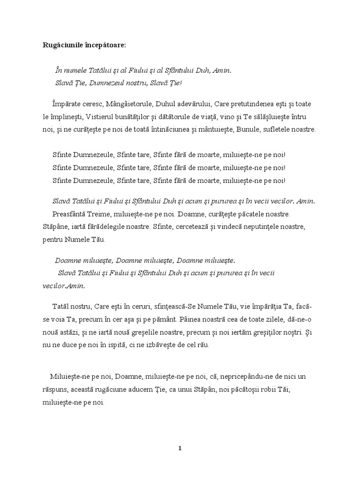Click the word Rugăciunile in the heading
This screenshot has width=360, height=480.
(x=59, y=45)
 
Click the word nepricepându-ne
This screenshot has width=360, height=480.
(x=244, y=376)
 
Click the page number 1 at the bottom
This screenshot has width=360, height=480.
(x=180, y=448)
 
